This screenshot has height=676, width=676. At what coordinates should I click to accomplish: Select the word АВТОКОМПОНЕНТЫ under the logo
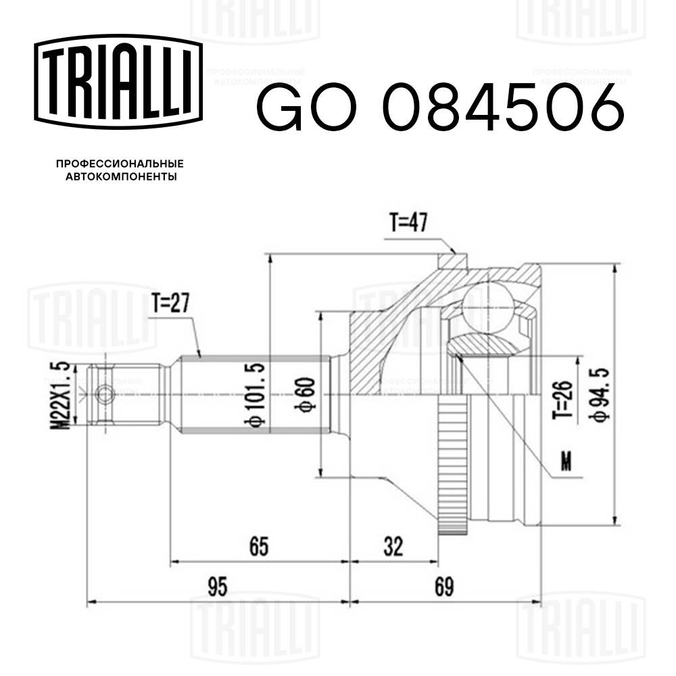[120, 177]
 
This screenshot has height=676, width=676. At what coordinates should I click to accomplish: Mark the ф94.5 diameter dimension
[596, 394]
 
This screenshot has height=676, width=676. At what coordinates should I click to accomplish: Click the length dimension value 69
[443, 585]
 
